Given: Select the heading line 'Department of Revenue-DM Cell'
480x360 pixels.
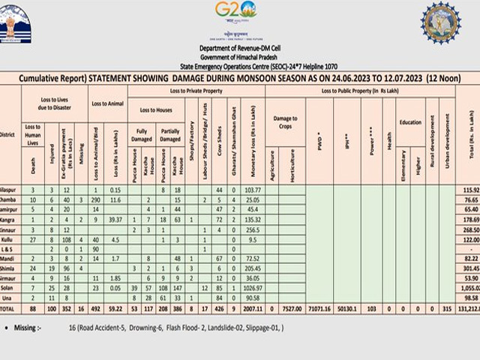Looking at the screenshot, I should (239, 48).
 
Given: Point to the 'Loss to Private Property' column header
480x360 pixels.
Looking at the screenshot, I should (199, 90).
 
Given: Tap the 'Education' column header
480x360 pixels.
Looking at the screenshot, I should (410, 121).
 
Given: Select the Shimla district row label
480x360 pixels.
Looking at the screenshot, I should (8, 267).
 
